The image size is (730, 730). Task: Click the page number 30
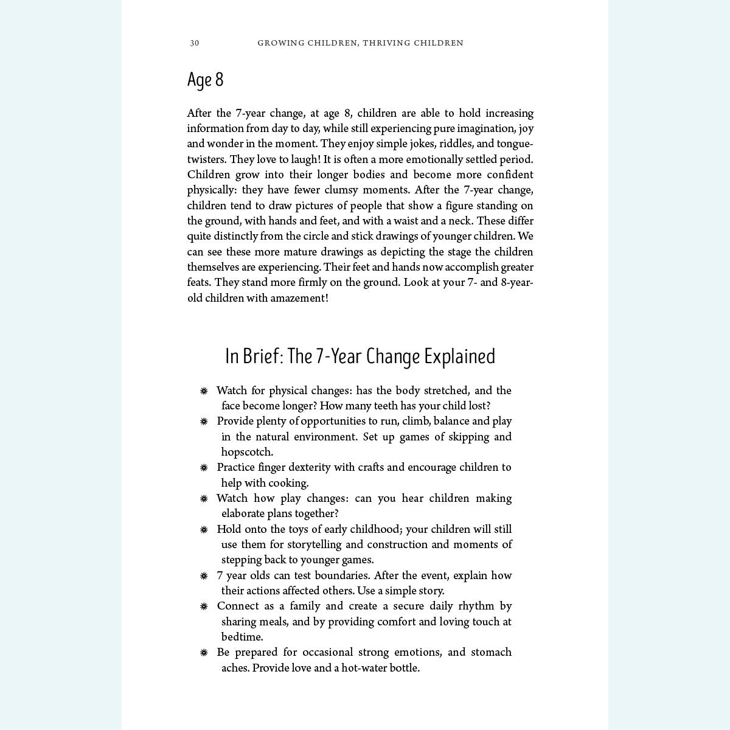(194, 43)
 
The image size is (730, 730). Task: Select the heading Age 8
(206, 80)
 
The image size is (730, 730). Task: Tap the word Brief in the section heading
(262, 356)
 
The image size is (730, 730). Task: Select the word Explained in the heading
(460, 356)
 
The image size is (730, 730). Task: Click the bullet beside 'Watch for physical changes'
(204, 391)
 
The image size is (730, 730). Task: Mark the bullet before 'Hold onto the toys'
(204, 530)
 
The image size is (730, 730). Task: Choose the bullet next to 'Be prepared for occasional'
(204, 653)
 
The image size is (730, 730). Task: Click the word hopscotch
(247, 452)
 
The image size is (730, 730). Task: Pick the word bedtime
(242, 637)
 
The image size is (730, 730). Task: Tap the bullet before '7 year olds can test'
(204, 576)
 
